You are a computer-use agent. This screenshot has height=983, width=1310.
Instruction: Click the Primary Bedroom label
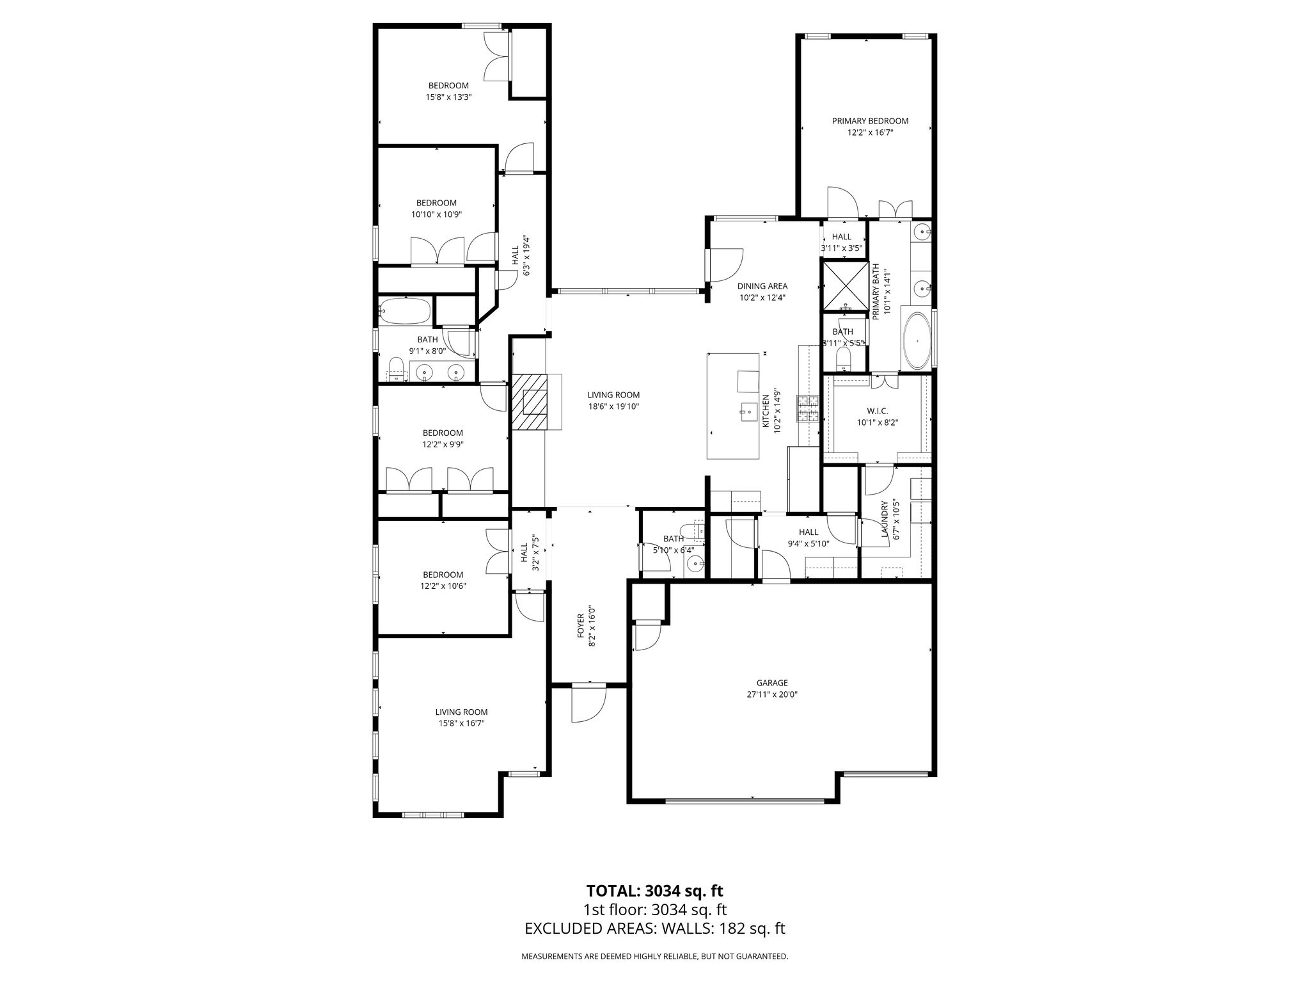point(870,121)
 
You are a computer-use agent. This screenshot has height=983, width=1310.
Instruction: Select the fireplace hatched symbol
point(529,403)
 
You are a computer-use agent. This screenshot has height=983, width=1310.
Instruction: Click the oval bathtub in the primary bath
point(916,340)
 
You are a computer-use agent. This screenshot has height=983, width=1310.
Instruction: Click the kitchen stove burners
point(808,408)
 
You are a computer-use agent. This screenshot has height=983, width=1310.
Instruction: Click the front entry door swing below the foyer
point(587,704)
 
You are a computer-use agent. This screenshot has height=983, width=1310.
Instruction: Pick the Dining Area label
point(762,286)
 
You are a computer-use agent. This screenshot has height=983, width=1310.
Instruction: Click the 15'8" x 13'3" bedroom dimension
point(448,97)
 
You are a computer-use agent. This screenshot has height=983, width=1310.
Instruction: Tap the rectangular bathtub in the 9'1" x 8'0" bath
point(404,312)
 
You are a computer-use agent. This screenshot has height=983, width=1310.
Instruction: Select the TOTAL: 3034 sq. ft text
point(654,890)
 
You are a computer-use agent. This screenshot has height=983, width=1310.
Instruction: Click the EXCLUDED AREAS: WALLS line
point(654,929)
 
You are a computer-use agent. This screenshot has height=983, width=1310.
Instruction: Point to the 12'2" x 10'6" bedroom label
point(443,575)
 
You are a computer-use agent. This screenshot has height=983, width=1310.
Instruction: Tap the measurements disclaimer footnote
point(654,957)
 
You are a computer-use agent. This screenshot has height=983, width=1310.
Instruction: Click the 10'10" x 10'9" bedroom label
point(436,203)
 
